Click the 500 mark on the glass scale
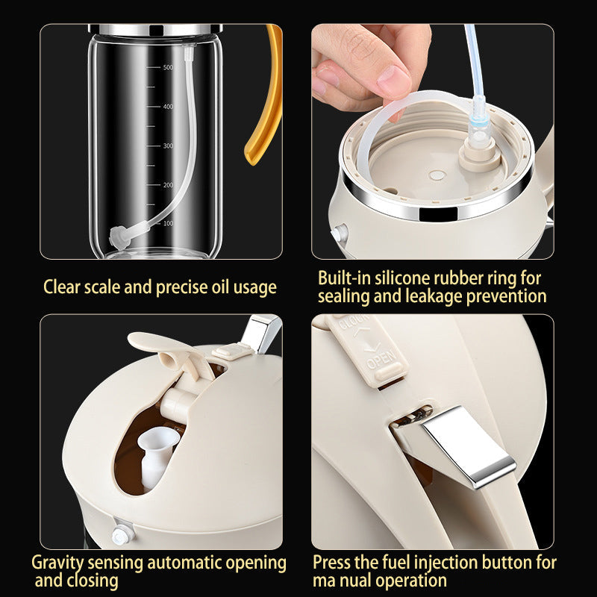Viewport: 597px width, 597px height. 168,68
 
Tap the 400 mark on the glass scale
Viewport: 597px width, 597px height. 168,107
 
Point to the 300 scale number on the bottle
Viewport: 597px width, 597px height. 168,146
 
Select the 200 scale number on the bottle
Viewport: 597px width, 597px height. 168,184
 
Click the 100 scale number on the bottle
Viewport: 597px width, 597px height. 168,223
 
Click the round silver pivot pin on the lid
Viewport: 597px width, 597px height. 119,534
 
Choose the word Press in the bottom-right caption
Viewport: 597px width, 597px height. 332,562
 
